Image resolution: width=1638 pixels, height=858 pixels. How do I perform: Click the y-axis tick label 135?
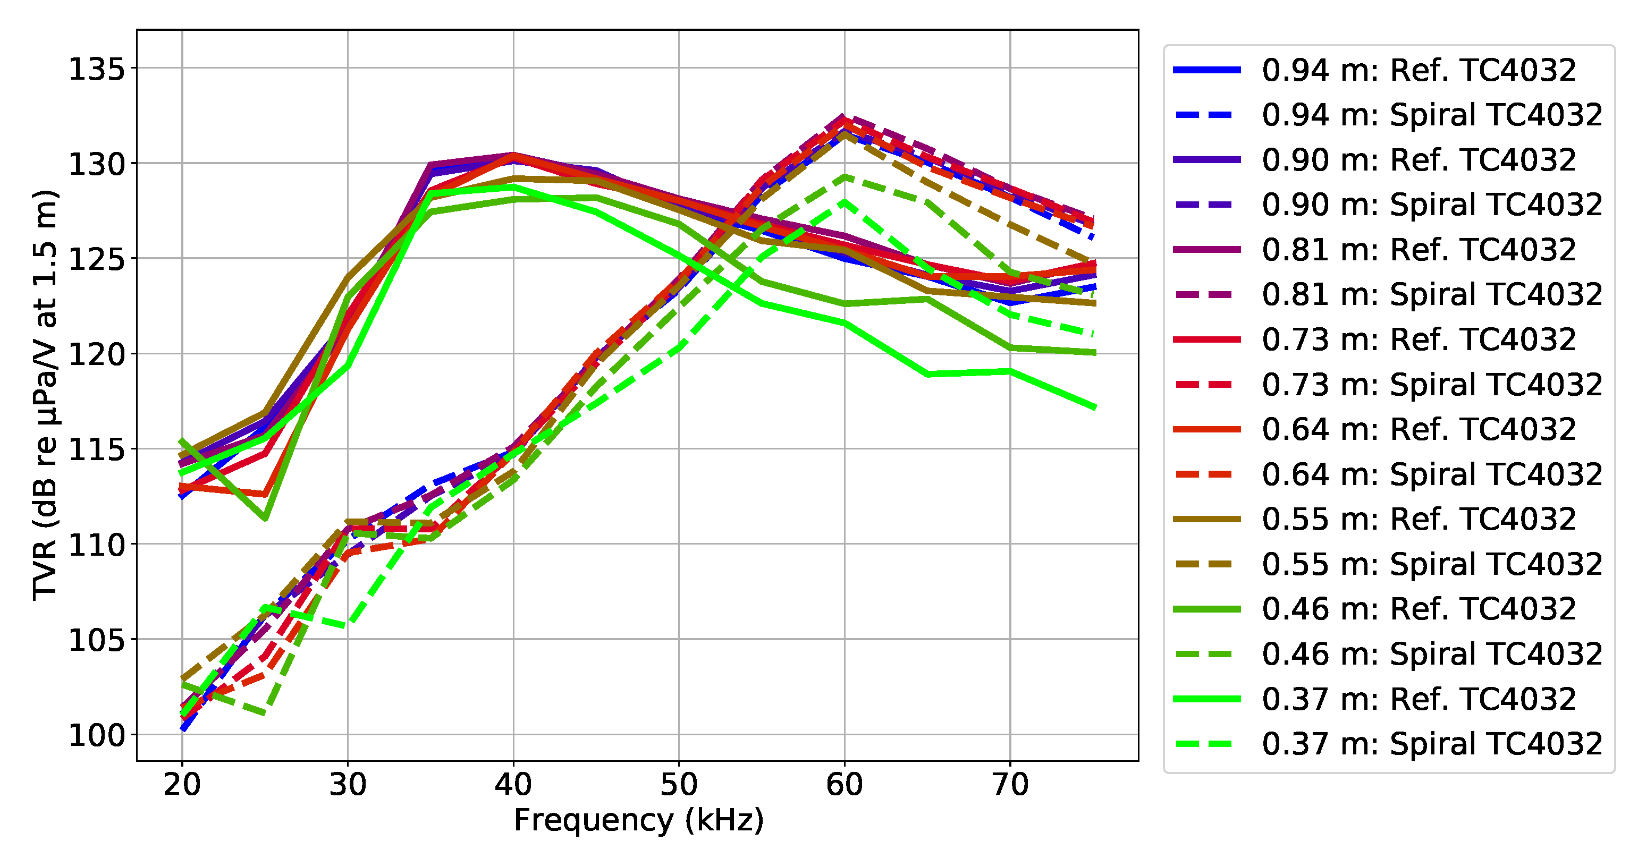pyautogui.click(x=97, y=69)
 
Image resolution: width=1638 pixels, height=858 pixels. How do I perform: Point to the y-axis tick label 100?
pyautogui.click(x=97, y=735)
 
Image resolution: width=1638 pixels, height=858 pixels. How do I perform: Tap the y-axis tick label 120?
pyautogui.click(x=97, y=354)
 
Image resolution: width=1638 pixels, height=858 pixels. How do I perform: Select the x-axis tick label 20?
pyautogui.click(x=182, y=784)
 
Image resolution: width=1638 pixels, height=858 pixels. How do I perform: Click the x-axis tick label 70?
pyautogui.click(x=1010, y=784)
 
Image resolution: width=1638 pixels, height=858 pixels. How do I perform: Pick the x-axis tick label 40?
pyautogui.click(x=514, y=784)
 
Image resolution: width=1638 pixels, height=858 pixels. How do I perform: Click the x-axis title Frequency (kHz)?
pyautogui.click(x=638, y=820)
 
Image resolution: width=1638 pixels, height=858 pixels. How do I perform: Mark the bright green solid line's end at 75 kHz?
pyautogui.click(x=1094, y=407)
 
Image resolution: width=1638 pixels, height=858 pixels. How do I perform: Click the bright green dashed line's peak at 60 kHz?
pyautogui.click(x=845, y=201)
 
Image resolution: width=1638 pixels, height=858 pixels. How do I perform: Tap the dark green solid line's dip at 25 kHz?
pyautogui.click(x=265, y=519)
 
